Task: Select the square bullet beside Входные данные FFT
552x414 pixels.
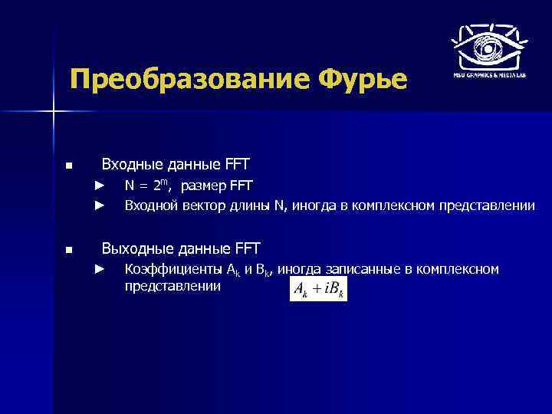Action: click(69, 166)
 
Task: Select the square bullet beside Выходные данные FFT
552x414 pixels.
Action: click(69, 250)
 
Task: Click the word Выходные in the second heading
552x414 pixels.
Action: click(133, 248)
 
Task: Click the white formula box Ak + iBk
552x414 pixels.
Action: click(318, 290)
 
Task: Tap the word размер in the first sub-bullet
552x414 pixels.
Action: click(202, 185)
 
